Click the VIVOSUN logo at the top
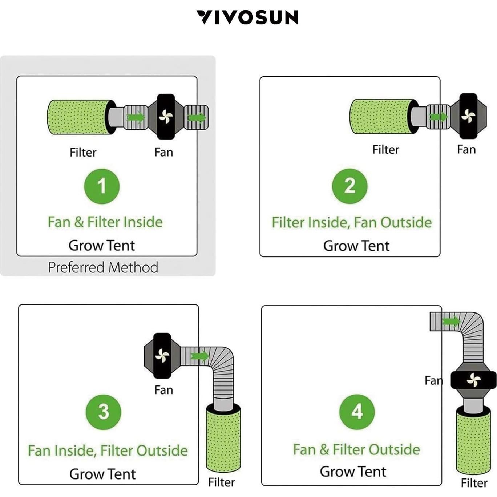point(247,17)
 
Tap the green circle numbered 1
point(102,186)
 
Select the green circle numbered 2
point(349,186)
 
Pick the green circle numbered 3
point(104,412)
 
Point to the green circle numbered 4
point(357,412)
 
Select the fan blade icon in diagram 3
point(162,356)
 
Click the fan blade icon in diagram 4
point(474,380)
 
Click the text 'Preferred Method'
point(103,267)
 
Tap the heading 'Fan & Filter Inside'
point(105,222)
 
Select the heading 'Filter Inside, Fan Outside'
point(352,222)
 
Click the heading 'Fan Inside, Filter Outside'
point(108,450)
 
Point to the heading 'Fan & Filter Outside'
point(356,449)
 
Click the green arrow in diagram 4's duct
point(451,321)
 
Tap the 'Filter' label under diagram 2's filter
point(385,149)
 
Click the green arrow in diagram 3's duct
point(199,356)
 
